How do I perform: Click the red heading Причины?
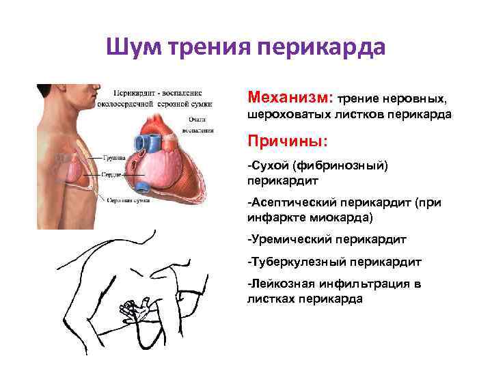coord(287,141)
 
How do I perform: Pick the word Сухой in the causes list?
coord(267,165)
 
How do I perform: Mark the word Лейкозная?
coord(278,283)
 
